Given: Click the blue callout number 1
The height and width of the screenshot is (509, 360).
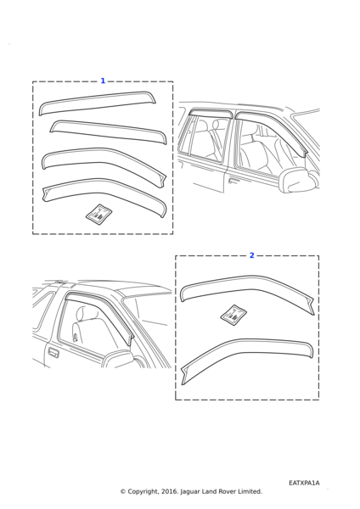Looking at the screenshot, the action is coord(103,81).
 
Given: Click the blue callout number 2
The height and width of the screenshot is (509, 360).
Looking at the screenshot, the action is coord(252,255).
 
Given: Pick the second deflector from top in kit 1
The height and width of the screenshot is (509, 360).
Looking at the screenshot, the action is coord(107,131).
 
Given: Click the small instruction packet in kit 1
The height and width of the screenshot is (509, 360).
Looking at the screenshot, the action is coord(98,213).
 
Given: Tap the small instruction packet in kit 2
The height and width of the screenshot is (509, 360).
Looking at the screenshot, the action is coord(233,314).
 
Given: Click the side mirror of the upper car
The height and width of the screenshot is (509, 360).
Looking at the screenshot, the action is coord(297,181).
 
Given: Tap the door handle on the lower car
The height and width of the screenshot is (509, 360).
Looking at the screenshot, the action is coord(54,353).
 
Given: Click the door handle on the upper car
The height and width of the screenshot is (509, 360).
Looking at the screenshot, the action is coord(234,180).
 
